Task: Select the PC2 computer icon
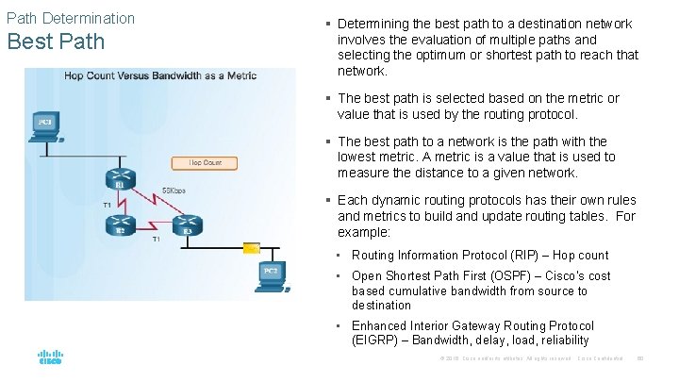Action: click(x=272, y=272)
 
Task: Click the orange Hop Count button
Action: click(x=205, y=162)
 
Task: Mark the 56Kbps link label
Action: click(x=174, y=191)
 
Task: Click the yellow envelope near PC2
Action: click(x=251, y=248)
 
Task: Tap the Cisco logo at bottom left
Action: click(x=50, y=357)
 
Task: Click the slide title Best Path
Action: click(x=54, y=42)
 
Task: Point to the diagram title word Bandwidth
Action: click(x=185, y=75)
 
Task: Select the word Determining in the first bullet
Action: click(x=374, y=24)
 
